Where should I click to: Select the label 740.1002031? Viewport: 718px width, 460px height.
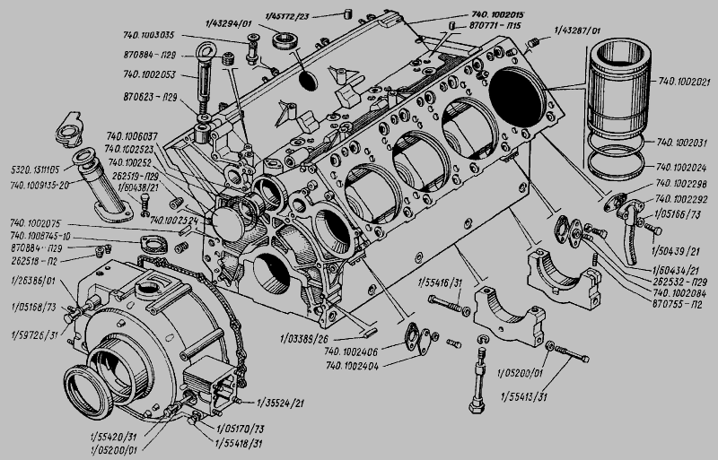pos(686,143)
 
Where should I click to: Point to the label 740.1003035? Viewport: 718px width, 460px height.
pos(151,37)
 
